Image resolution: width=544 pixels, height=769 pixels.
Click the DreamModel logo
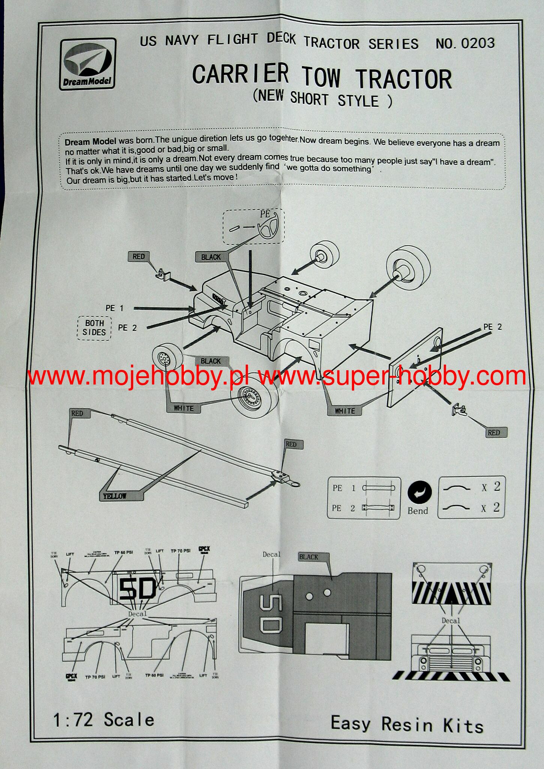coord(87,64)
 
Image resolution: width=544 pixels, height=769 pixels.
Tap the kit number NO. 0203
coord(465,44)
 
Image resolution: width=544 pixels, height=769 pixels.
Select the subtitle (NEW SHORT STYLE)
coord(322,98)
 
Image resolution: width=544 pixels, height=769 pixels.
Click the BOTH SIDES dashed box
coord(94,328)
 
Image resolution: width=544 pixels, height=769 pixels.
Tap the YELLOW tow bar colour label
coord(115,496)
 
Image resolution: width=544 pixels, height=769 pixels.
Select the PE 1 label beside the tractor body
coord(115,308)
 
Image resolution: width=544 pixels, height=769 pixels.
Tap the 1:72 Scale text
coord(104,719)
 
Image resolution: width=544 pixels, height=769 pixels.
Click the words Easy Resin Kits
coord(407,724)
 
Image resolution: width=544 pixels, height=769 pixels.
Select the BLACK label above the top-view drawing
coord(309,557)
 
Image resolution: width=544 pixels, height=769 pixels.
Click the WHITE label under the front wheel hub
coord(183,408)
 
